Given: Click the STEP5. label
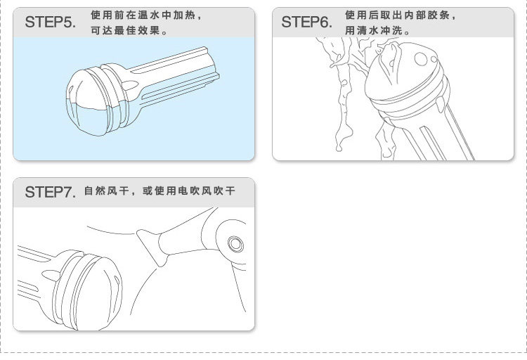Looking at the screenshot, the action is tap(51, 22).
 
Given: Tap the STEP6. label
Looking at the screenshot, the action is tap(307, 22).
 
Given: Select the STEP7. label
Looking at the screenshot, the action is tap(51, 192).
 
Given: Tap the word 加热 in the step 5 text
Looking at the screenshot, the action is tap(184, 15).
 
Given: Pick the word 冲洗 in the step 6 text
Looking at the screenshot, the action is tap(391, 31).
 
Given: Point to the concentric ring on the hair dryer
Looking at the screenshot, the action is tap(235, 243).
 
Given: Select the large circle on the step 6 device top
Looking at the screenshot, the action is tap(421, 59).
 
